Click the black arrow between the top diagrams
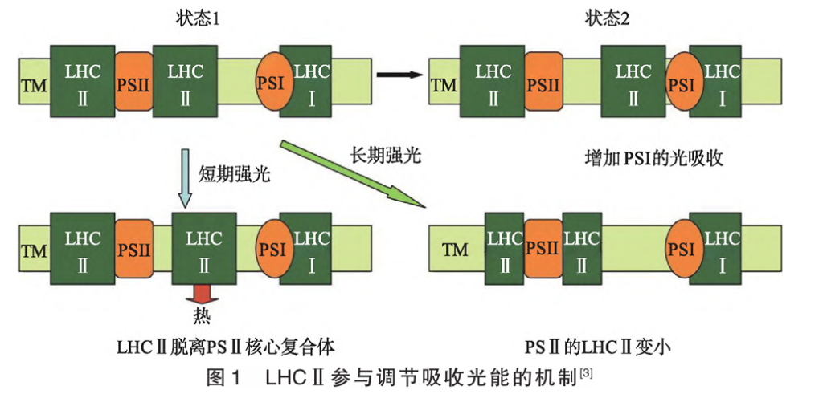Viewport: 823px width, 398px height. pyautogui.click(x=399, y=75)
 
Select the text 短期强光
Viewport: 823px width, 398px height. pyautogui.click(x=234, y=173)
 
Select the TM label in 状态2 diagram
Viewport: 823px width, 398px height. pyautogui.click(x=443, y=85)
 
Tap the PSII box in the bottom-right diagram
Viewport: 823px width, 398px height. pyautogui.click(x=543, y=247)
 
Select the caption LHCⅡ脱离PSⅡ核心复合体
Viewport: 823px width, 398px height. pyautogui.click(x=224, y=347)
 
